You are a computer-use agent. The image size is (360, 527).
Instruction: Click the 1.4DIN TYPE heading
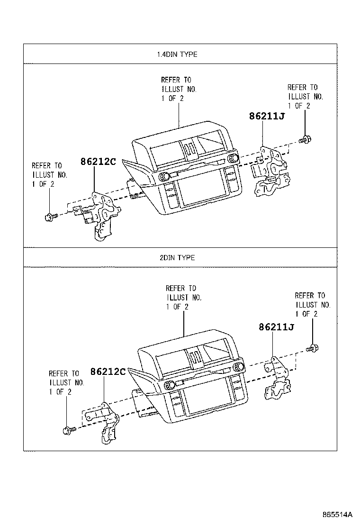pos(177,55)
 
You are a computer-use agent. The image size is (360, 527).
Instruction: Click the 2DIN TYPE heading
pos(177,258)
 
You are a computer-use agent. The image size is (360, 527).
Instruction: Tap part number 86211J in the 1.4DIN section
pos(267,116)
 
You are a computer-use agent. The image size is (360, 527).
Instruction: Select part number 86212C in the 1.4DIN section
pos(98,161)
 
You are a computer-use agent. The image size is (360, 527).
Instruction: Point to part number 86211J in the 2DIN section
pos(277,327)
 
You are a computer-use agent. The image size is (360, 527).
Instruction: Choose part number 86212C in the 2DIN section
pos(108,372)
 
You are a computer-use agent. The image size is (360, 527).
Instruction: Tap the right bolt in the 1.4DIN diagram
pos(305,140)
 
